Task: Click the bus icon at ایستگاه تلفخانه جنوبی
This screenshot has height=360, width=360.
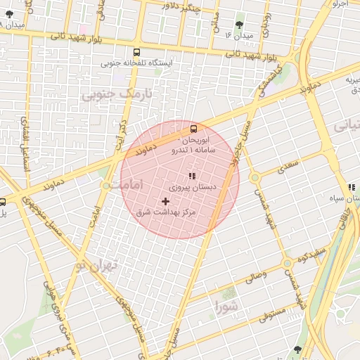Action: [x=136, y=52]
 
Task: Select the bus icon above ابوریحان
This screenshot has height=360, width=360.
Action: [x=193, y=128]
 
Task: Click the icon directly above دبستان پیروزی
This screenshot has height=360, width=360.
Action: [x=191, y=176]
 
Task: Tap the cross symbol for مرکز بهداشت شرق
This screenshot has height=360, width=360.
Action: [x=166, y=201]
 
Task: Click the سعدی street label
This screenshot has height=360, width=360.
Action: [x=289, y=167]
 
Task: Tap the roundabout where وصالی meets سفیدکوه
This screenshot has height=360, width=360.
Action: [x=287, y=264]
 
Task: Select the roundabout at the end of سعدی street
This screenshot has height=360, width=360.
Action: [x=255, y=178]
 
